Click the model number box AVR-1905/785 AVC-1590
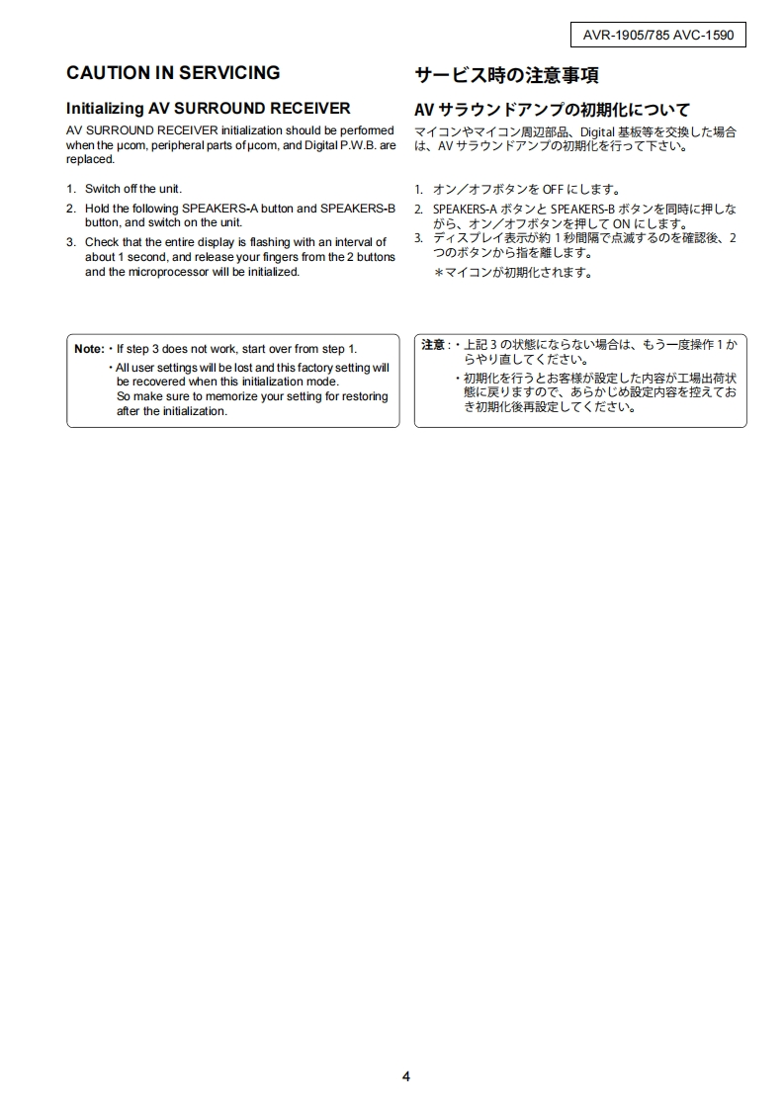pos(658,36)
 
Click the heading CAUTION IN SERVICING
pos(173,73)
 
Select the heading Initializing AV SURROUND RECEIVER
pos(208,108)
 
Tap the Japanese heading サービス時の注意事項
pos(506,75)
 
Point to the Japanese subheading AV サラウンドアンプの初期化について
pos(552,109)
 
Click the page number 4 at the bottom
pos(406,1076)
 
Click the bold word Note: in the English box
pos(89,349)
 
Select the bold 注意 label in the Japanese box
pos(433,345)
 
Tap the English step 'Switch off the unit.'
pos(133,189)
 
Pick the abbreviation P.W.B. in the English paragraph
pos(353,145)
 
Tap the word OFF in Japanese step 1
pos(553,189)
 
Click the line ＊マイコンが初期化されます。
pos(514,273)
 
